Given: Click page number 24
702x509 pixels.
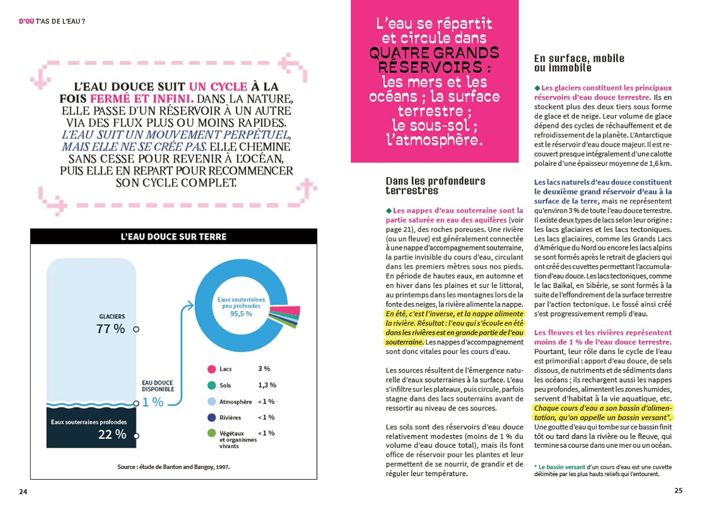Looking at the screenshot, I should click(x=23, y=491).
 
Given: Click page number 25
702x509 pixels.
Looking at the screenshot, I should click(x=678, y=490).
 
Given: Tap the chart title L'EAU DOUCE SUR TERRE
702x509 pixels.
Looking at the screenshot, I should click(x=173, y=237).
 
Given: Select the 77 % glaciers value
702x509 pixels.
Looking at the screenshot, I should click(x=110, y=329).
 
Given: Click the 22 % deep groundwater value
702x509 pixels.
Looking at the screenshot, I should click(x=112, y=435).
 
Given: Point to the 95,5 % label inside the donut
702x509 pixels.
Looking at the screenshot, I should click(x=241, y=314).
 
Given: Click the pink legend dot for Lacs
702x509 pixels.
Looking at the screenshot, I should click(x=212, y=369).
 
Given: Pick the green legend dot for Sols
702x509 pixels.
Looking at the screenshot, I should click(x=212, y=385).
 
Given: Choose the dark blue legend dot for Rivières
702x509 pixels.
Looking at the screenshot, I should click(x=212, y=417).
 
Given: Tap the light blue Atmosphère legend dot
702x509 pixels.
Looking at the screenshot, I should click(x=212, y=401).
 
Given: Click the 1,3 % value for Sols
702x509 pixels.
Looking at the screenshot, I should click(x=267, y=385).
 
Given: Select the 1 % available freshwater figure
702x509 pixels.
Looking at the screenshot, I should click(x=153, y=402).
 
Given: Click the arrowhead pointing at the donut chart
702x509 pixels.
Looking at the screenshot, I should click(x=190, y=306).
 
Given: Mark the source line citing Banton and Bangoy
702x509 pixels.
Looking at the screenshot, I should click(x=173, y=466).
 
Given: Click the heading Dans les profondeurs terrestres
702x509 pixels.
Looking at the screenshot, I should click(x=435, y=185).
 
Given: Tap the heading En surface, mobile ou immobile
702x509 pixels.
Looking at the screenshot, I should click(x=579, y=63).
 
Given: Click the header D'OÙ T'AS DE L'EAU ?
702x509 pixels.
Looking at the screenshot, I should click(x=52, y=21).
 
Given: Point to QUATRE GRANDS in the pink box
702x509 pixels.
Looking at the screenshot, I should click(x=434, y=52).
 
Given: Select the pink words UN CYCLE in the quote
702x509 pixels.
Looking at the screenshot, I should click(x=218, y=87).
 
